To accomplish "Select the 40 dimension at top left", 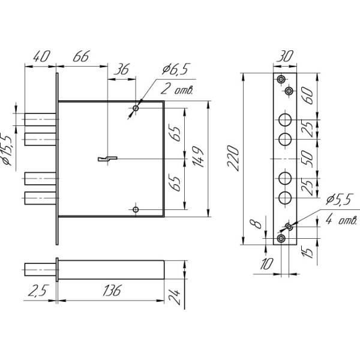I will [x=40, y=57].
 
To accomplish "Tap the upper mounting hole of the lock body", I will [x=136, y=108].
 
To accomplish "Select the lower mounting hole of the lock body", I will [x=136, y=209].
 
